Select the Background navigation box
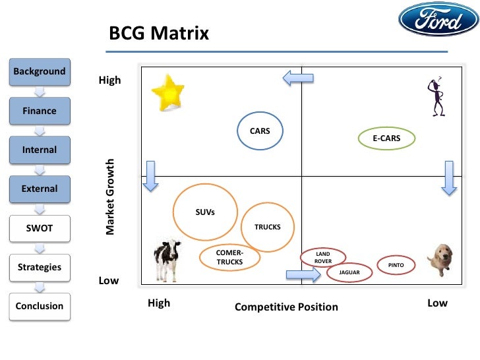pos(39,71)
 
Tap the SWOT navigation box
pos(39,228)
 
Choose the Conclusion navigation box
pos(39,306)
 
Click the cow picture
pos(166,259)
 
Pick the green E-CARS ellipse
pos(388,138)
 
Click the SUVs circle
pos(205,212)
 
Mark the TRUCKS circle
pos(267,227)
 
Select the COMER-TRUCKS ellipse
pos(229,258)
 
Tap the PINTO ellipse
pos(396,266)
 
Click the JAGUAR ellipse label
pos(349,272)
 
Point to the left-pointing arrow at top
pos(298,78)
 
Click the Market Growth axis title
pos(111,196)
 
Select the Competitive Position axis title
pos(286,307)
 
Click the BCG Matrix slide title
pos(158,33)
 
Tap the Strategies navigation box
pos(39,267)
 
